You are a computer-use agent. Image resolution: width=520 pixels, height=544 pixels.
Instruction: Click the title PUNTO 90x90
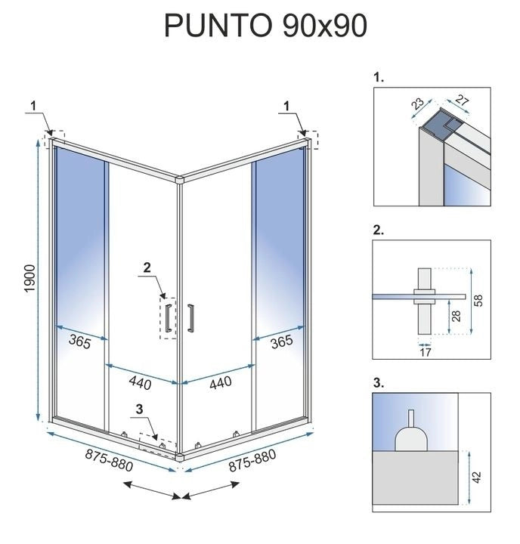coord(266,26)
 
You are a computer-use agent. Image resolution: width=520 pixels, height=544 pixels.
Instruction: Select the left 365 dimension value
coord(79,342)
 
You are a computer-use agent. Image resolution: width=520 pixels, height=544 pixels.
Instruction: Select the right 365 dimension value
coord(280,342)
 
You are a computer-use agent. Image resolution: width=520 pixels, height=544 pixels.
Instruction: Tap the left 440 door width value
coord(140,383)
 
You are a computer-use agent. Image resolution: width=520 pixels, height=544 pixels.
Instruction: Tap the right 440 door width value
coord(219,383)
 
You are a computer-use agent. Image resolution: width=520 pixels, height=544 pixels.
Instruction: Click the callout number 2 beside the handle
coord(147,267)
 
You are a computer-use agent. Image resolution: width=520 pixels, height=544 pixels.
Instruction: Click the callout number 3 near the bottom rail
coord(138,410)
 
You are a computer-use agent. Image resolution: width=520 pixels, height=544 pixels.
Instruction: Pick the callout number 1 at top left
coord(33,105)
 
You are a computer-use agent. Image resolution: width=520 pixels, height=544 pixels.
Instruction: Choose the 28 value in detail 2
coord(454,315)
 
